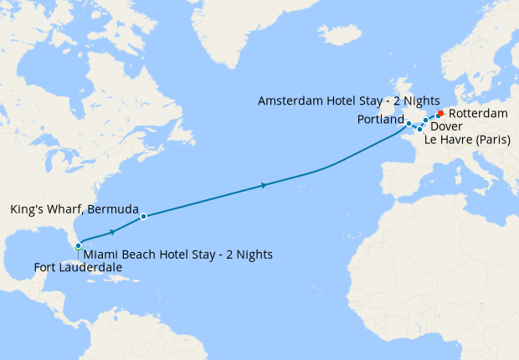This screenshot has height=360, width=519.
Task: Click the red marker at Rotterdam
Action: [440, 113]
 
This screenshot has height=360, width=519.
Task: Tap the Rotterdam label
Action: [478, 113]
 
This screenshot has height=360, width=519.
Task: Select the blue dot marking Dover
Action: [425, 121]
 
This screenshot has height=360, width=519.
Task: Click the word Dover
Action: [445, 126]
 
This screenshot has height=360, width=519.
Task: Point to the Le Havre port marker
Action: [419, 129]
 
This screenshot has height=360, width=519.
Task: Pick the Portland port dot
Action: [409, 124]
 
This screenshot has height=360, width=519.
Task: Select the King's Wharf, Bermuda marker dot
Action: [143, 216]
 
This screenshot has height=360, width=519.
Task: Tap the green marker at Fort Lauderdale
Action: [78, 246]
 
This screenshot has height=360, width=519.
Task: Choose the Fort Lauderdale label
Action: [78, 268]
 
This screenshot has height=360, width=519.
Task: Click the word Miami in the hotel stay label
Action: [102, 255]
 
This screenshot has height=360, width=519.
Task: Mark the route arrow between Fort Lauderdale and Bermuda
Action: [112, 231]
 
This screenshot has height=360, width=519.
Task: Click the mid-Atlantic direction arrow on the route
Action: [265, 185]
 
